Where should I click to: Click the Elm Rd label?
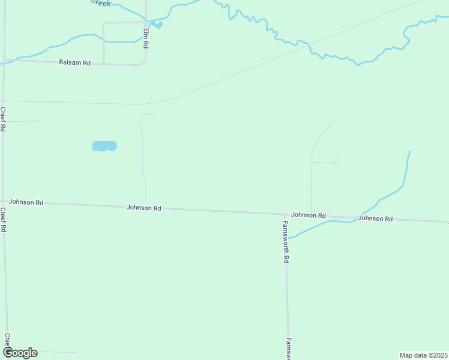coord(145,37)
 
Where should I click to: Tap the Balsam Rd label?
coord(74,62)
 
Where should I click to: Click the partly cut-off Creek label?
coord(101,3)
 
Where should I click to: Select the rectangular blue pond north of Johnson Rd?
coord(104,146)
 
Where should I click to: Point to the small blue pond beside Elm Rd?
coord(157,25)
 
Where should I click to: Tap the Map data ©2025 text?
coord(423,355)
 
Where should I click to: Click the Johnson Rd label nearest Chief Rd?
coord(26,203)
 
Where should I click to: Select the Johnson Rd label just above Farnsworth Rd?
coord(309,215)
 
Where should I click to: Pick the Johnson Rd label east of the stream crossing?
coord(375,218)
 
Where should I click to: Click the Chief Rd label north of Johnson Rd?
coord(3,119)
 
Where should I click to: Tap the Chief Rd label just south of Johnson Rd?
coord(4,220)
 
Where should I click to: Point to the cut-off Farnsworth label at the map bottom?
coord(289,348)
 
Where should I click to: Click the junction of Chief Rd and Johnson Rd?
coord(3,202)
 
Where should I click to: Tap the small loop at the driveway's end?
coord(334,163)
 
